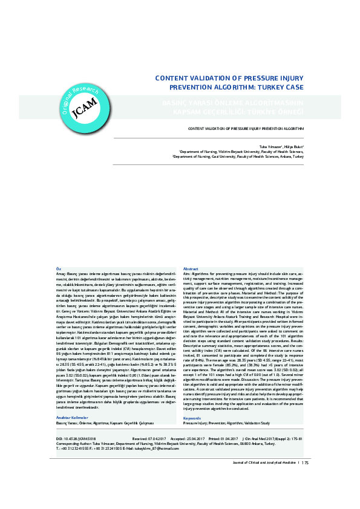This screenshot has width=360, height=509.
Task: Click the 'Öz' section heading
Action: pos(58,268)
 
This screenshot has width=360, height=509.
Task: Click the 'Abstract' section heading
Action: pos(191,268)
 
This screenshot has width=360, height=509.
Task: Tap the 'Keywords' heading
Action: pos(192,401)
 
